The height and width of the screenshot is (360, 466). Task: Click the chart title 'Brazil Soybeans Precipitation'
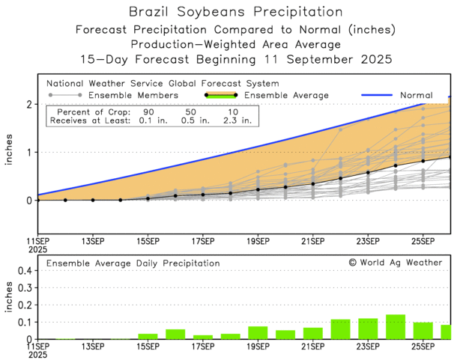[x=232, y=12]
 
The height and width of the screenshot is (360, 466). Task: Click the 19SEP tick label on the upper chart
[x=258, y=242]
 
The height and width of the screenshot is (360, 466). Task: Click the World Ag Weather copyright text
[x=396, y=263]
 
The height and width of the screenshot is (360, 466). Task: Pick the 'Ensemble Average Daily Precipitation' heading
[x=133, y=263]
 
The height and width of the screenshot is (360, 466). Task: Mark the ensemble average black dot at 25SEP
[x=423, y=161]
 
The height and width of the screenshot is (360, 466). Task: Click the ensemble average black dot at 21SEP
[x=313, y=183]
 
